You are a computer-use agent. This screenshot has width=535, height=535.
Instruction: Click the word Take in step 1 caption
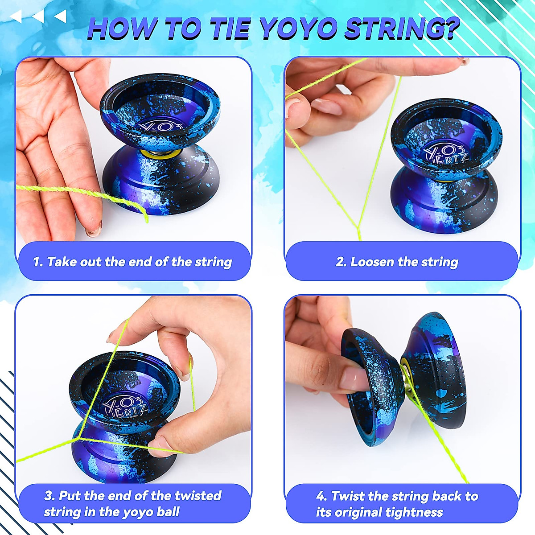pos(62,262)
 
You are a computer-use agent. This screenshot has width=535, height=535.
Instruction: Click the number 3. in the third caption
pos(50,495)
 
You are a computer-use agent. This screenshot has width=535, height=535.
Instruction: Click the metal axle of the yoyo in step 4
pos(407,379)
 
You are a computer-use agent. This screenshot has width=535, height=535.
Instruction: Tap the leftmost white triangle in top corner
pos(16,17)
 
